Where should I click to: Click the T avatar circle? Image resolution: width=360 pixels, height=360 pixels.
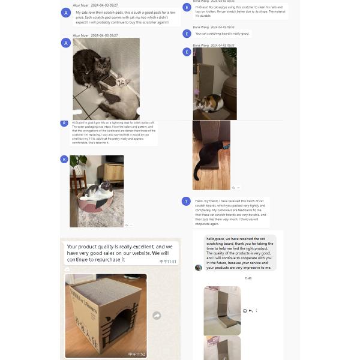(187, 201)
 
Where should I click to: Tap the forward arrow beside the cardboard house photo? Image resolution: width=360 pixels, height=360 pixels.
(157, 316)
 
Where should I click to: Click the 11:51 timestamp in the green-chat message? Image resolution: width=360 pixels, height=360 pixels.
(168, 262)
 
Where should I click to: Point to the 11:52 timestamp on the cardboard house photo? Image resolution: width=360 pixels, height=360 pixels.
(137, 354)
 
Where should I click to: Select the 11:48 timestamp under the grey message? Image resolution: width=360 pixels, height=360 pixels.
(248, 278)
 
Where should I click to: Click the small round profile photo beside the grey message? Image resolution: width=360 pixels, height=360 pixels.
(199, 268)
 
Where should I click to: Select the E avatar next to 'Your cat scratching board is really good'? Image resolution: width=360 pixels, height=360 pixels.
(187, 34)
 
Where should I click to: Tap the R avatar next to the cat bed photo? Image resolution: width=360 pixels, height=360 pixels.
(64, 159)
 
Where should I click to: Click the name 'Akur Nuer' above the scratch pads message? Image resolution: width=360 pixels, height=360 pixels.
(80, 4)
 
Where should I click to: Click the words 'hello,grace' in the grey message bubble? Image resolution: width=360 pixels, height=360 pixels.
(218, 238)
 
